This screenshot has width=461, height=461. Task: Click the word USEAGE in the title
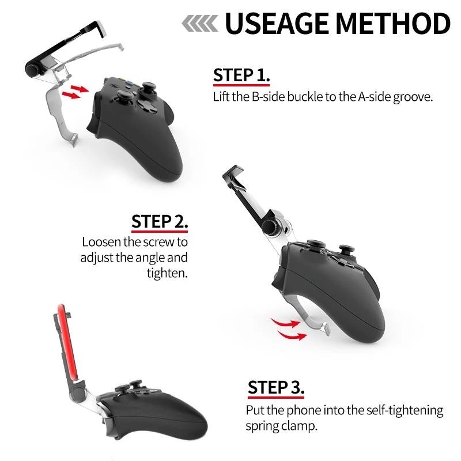tap(277, 23)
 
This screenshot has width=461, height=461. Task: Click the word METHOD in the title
tap(393, 23)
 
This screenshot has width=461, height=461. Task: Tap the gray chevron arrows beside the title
tap(200, 23)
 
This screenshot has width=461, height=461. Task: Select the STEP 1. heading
tap(241, 75)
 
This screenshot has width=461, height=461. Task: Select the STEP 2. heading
tap(160, 221)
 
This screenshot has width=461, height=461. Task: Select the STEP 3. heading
tap(276, 387)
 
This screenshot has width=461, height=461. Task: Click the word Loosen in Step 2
tap(101, 242)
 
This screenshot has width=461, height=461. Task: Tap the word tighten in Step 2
tap(167, 273)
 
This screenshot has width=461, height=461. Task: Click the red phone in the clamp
tap(67, 342)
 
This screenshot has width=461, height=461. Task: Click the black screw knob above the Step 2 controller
tap(270, 227)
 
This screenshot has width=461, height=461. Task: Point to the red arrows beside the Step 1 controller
tap(75, 92)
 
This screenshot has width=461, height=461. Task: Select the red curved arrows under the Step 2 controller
tap(289, 329)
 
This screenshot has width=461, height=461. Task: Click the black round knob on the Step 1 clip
tap(32, 69)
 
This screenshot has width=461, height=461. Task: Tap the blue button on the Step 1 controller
tap(129, 84)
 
